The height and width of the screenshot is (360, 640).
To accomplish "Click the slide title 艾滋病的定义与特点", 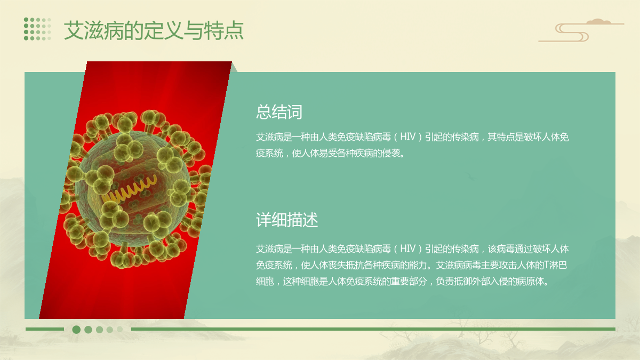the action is click(x=154, y=30).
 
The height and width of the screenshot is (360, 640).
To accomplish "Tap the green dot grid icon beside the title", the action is click(x=37, y=29).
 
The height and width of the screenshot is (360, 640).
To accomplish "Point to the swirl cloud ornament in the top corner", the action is click(x=581, y=30).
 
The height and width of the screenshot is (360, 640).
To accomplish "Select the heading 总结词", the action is click(x=279, y=111).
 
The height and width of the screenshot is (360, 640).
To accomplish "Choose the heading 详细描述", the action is click(x=287, y=220).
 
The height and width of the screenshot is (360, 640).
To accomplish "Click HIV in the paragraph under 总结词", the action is click(x=407, y=137).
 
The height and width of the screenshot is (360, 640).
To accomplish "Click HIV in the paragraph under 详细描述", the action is click(x=407, y=249).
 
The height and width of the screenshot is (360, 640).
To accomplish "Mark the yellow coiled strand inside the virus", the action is click(x=129, y=190).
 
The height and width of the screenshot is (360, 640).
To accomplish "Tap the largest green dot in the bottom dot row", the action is click(x=76, y=330).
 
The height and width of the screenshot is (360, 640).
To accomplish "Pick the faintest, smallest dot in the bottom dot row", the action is click(x=119, y=329).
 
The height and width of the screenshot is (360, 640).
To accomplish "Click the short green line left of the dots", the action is click(x=45, y=329).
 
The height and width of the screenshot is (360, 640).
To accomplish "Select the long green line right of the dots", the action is click(x=373, y=329).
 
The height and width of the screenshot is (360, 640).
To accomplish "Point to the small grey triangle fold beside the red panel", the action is click(x=234, y=67).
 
